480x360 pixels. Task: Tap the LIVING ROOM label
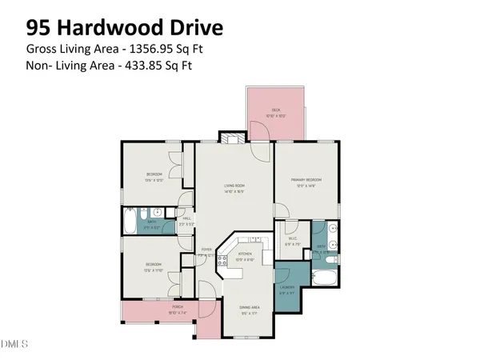[234, 186]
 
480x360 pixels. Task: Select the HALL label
[186, 218]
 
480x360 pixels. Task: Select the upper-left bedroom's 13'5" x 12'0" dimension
[154, 180]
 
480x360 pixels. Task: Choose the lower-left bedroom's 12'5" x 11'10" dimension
[154, 270]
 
